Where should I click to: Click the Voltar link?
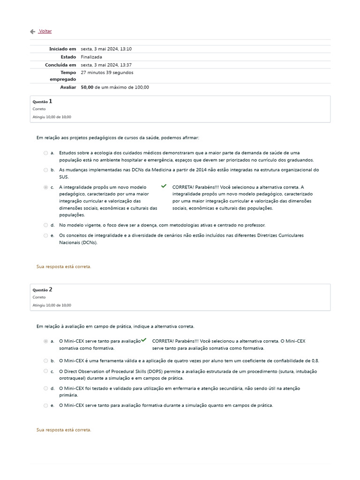pyautogui.click(x=45, y=31)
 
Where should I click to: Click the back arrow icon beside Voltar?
pyautogui.click(x=32, y=31)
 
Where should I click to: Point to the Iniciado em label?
pyautogui.click(x=62, y=49)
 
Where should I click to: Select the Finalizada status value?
pyautogui.click(x=91, y=57)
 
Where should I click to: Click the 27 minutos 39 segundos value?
pyautogui.click(x=107, y=73)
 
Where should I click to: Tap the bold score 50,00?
pyautogui.click(x=87, y=87)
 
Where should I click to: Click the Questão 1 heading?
pyautogui.click(x=42, y=101)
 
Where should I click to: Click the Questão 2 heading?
pyautogui.click(x=42, y=290)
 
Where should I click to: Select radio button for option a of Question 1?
pyautogui.click(x=45, y=153)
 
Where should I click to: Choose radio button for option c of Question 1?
pyautogui.click(x=45, y=187)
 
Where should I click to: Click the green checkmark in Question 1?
pyautogui.click(x=164, y=186)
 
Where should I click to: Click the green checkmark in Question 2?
pyautogui.click(x=143, y=340)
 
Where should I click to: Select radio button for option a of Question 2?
pyautogui.click(x=45, y=341)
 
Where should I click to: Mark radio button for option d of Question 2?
pyautogui.click(x=45, y=388)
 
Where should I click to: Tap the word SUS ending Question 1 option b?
pyautogui.click(x=64, y=177)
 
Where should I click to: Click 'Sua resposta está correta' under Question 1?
pyautogui.click(x=64, y=266)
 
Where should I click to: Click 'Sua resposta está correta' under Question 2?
pyautogui.click(x=64, y=429)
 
